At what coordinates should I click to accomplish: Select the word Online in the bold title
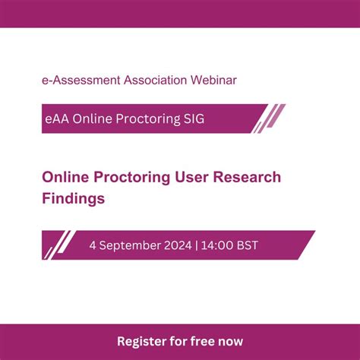click(x=65, y=177)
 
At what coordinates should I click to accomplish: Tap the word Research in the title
click(x=243, y=177)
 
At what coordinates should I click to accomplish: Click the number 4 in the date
click(x=93, y=245)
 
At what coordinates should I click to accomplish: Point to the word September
click(x=132, y=245)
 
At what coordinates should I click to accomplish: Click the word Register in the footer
click(x=142, y=341)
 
